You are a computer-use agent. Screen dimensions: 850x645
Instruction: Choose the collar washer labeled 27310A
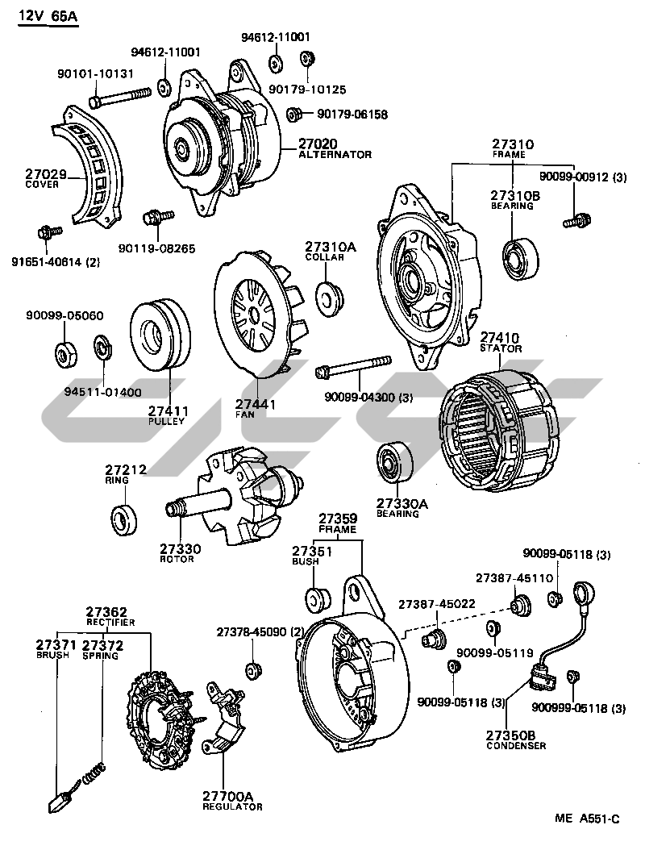click(327, 296)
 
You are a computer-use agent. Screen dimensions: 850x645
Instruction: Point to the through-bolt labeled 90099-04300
click(355, 367)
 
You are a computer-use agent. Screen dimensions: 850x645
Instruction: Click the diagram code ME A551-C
click(587, 819)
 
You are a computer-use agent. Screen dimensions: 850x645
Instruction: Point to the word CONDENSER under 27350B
click(516, 746)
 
